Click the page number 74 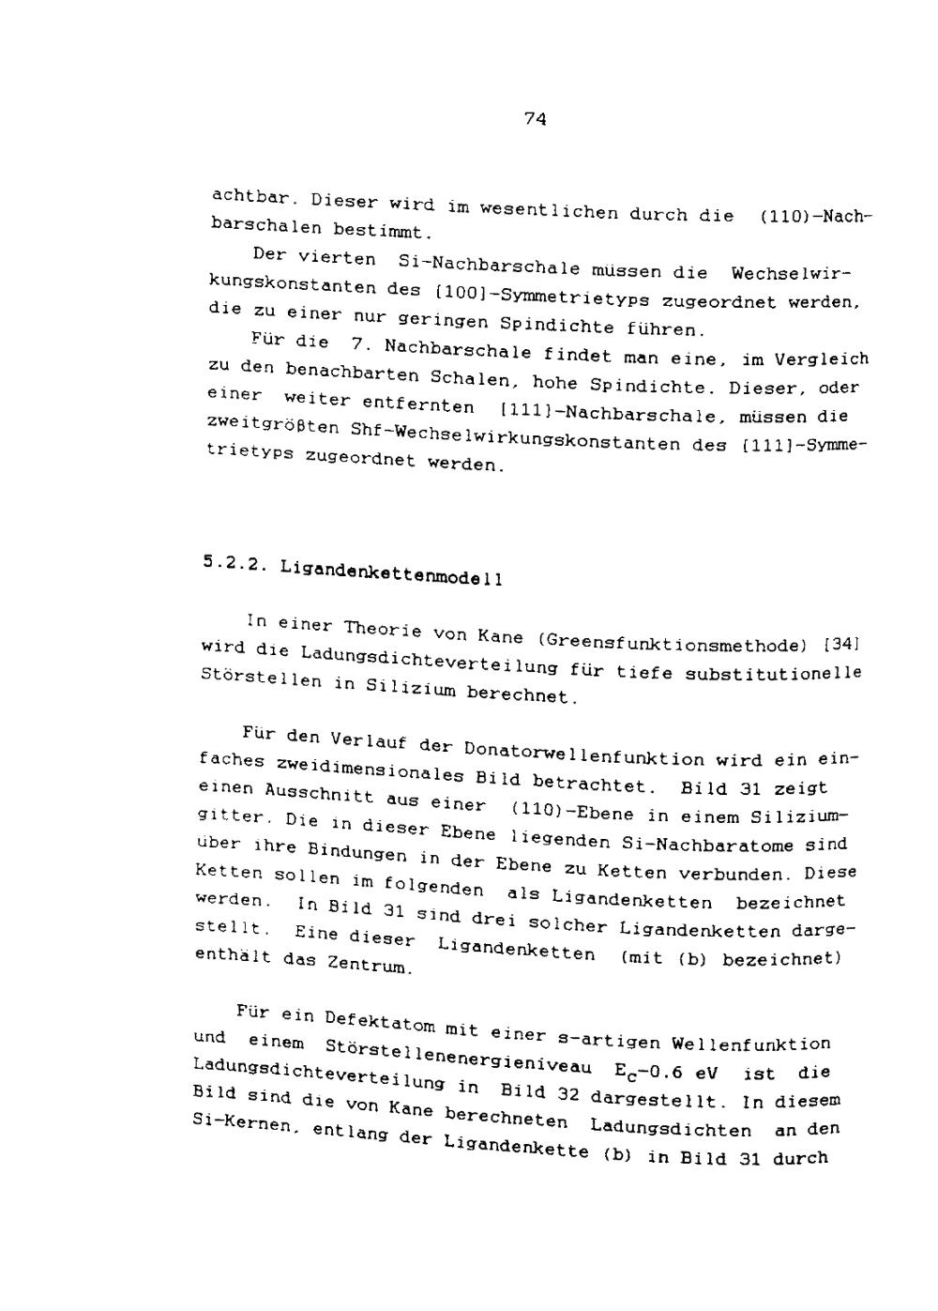(535, 118)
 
